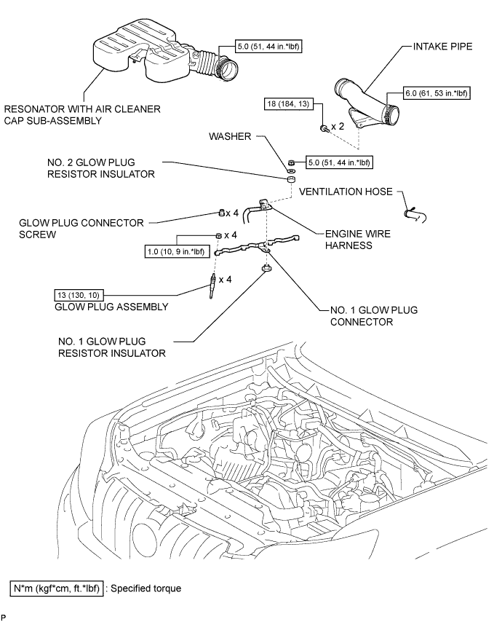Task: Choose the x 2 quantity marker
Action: click(338, 127)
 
